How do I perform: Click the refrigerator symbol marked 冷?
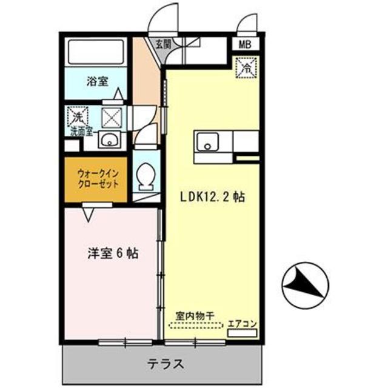247,67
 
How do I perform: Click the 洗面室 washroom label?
80,129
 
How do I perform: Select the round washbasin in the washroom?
109,142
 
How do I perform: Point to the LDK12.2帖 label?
213,197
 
